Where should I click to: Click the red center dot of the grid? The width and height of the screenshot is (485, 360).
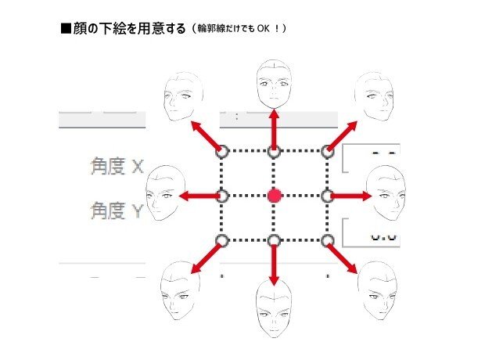(274, 195)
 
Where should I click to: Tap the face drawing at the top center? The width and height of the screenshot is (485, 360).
(274, 85)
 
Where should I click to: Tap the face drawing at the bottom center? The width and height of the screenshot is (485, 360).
(274, 310)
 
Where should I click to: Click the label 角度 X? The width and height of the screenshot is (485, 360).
(117, 166)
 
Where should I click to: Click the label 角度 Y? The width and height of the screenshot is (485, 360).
(116, 211)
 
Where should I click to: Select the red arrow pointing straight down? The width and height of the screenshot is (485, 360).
(274, 262)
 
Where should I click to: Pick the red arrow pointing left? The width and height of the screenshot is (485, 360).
(199, 195)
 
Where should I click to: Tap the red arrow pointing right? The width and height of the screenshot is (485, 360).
(348, 195)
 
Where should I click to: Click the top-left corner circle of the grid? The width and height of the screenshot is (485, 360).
(221, 150)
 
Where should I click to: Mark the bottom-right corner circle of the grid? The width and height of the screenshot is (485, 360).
(327, 239)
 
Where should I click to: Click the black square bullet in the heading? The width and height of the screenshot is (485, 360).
(66, 30)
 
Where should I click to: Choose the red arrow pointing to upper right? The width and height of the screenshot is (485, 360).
(343, 135)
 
